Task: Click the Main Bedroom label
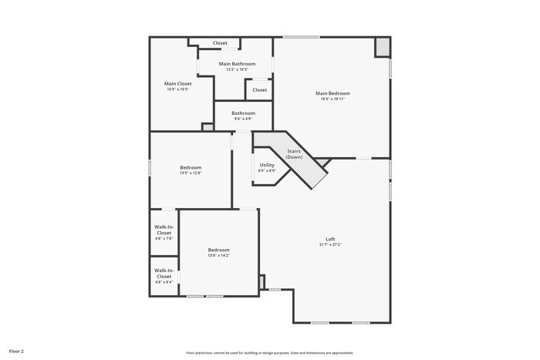pyautogui.click(x=332, y=93)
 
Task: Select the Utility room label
pyautogui.click(x=267, y=165)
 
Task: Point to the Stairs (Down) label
pyautogui.click(x=294, y=154)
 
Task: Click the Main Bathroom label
pyautogui.click(x=237, y=64)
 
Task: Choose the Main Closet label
pyautogui.click(x=177, y=83)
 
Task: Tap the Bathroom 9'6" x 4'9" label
pyautogui.click(x=243, y=113)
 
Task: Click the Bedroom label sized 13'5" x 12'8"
pyautogui.click(x=191, y=167)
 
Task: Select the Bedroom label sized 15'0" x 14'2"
pyautogui.click(x=218, y=250)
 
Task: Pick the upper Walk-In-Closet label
pyautogui.click(x=164, y=230)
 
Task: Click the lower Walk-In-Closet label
pyautogui.click(x=164, y=273)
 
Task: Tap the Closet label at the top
pyautogui.click(x=220, y=43)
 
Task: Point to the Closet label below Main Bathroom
pyautogui.click(x=260, y=90)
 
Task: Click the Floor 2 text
pyautogui.click(x=16, y=351)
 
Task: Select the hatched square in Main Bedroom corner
pyautogui.click(x=382, y=47)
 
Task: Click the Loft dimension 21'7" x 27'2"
pyautogui.click(x=330, y=244)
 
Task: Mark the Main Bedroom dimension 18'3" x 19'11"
pyautogui.click(x=332, y=99)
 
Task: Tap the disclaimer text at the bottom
pyautogui.click(x=269, y=352)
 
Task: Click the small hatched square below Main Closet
pyautogui.click(x=207, y=126)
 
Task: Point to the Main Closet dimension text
pyautogui.click(x=177, y=89)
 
